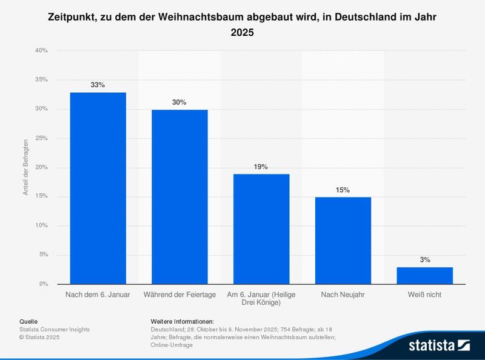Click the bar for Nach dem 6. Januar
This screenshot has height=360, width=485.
pos(98,188)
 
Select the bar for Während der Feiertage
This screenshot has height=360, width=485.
pos(179,196)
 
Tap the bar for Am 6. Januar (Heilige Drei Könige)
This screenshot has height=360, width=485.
pos(261,228)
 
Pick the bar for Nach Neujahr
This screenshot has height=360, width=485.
pos(343,240)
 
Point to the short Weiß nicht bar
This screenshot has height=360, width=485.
pos(424,275)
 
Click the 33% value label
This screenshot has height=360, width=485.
pos(98,85)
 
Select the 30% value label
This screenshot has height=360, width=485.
pos(179,102)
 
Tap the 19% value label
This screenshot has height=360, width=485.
pos(261,167)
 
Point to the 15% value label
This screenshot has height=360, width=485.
pos(343,190)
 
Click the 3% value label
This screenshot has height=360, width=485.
pos(424,260)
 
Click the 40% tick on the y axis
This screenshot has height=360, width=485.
pos(41,51)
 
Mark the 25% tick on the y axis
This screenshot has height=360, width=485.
pos(41,138)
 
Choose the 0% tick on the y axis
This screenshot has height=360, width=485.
pos(43,284)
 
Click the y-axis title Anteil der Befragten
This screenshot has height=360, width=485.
pos(26,167)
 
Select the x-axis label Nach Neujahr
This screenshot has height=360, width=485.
pos(343,295)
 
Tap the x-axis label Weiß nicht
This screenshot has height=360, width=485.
pos(424,295)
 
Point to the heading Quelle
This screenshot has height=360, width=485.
pos(28,321)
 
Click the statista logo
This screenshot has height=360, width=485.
pos(439,345)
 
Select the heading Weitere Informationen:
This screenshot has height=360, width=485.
pos(182,321)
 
